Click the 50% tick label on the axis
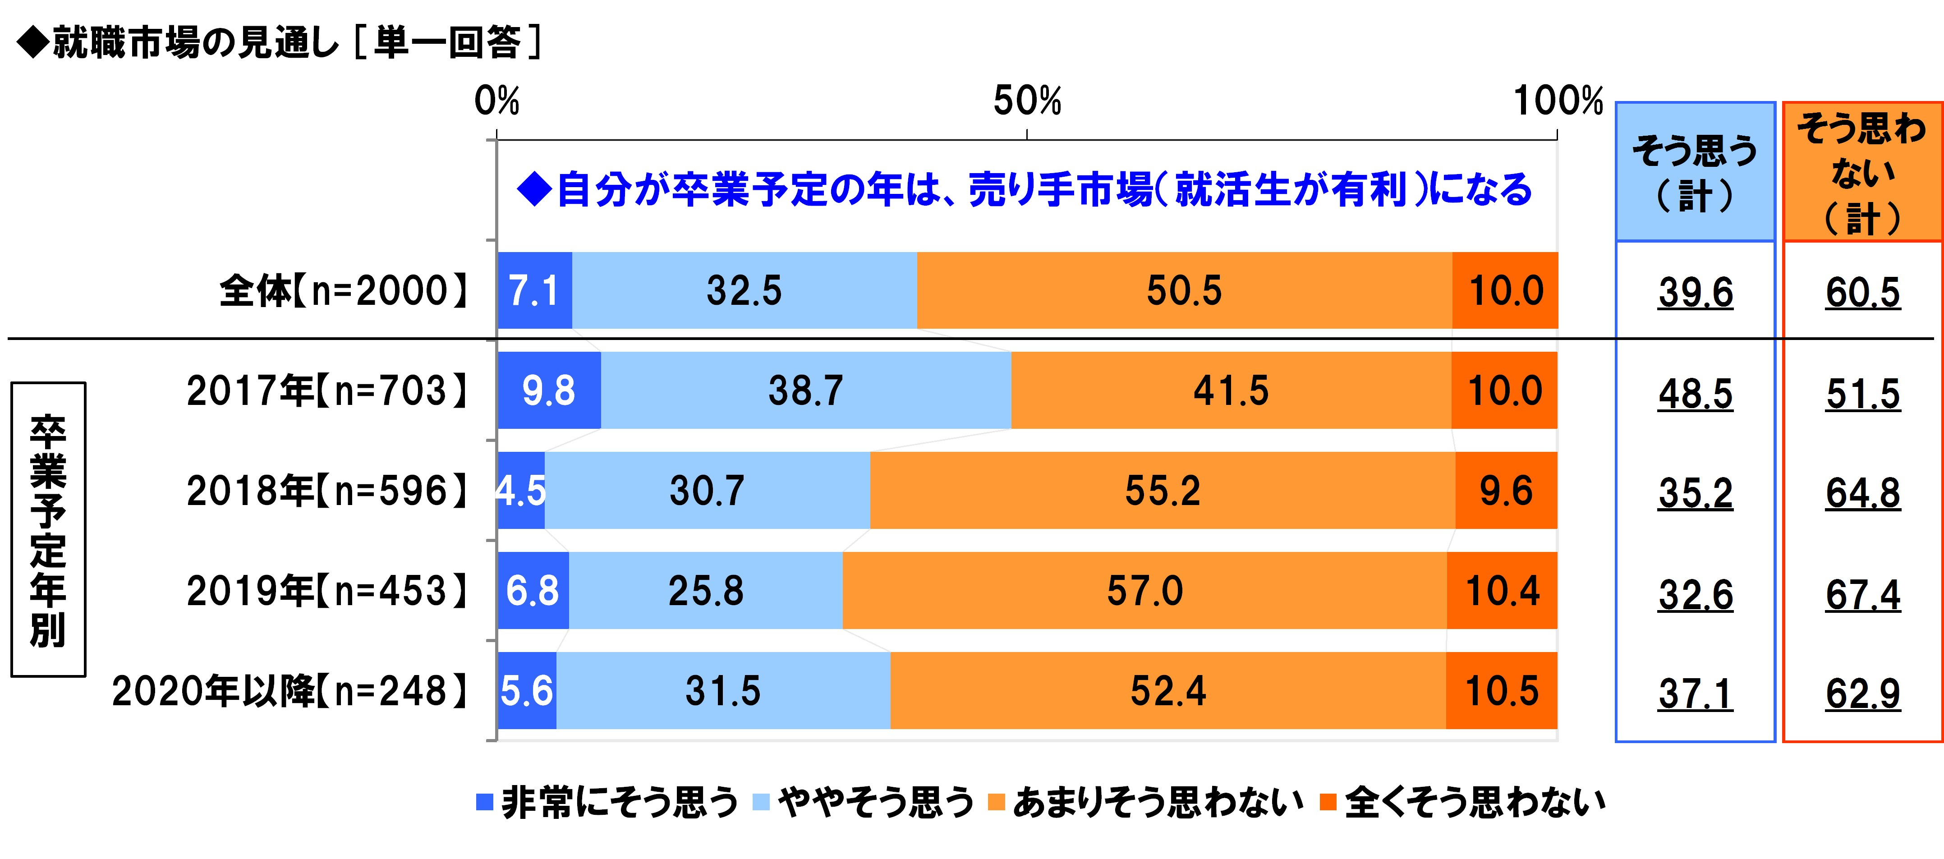click(1027, 101)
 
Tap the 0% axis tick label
click(496, 101)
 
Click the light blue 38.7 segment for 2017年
click(805, 390)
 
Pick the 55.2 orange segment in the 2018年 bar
click(1162, 491)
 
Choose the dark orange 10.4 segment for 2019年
click(1502, 590)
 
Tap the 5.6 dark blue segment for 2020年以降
click(527, 691)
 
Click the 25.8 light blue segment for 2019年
click(706, 590)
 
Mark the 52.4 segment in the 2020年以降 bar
click(1167, 691)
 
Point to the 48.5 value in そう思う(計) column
click(1695, 394)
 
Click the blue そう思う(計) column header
click(1695, 172)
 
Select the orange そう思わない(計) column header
click(1862, 172)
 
